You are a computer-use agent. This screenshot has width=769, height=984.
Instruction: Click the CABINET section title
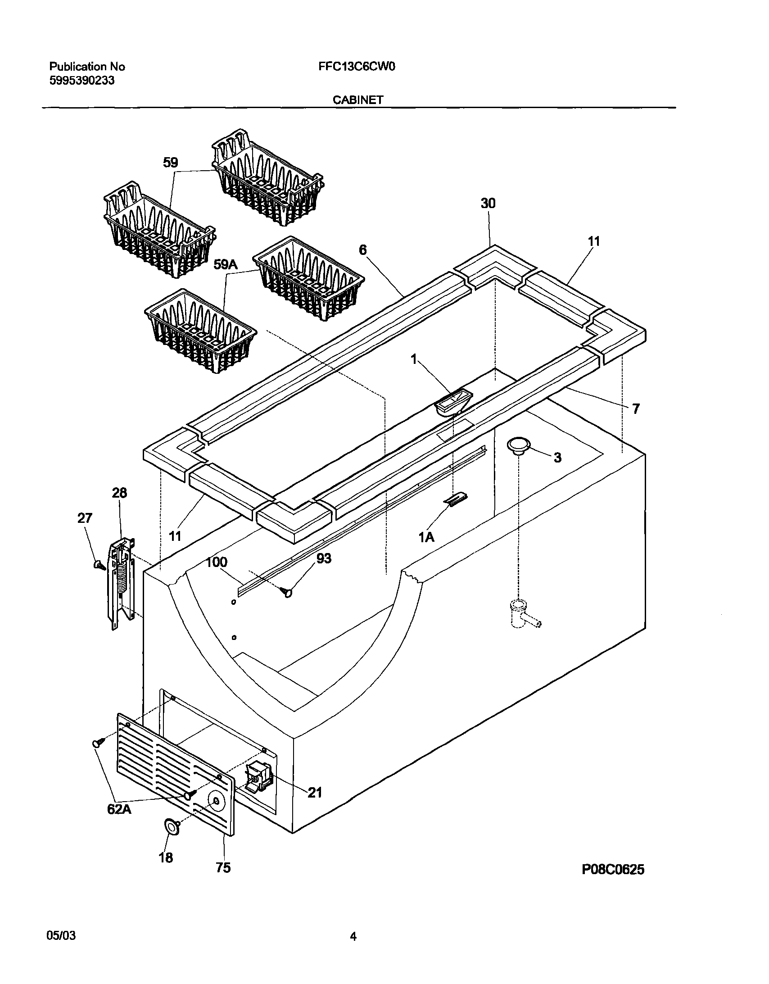point(357,100)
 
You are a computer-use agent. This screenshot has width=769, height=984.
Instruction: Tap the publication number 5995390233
point(81,81)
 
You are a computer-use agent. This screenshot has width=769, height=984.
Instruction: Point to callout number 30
point(488,204)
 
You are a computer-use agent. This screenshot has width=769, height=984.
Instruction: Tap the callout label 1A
point(426,537)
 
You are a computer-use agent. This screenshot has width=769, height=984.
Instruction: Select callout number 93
point(323,558)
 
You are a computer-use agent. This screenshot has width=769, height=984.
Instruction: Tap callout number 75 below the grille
point(223,868)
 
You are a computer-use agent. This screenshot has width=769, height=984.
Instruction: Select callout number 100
point(217,563)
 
